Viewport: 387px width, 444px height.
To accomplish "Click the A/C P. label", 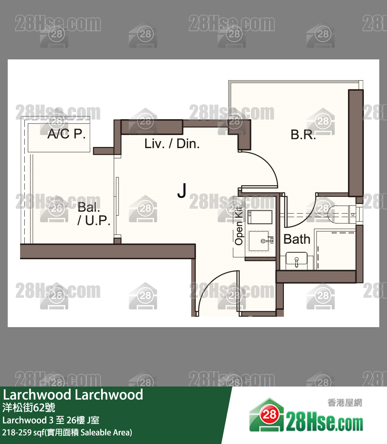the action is [x=66, y=134].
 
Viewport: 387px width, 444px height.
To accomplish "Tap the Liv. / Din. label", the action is [x=172, y=144].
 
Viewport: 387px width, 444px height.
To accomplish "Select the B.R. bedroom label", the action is [x=303, y=135].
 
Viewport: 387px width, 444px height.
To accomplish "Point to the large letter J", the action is [x=182, y=190].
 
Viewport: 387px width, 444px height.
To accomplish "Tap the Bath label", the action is [x=297, y=239].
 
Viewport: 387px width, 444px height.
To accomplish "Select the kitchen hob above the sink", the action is [x=260, y=217].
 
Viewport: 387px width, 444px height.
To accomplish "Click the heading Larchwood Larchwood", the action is [x=73, y=395].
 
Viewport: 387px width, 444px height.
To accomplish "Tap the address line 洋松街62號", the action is [x=29, y=408].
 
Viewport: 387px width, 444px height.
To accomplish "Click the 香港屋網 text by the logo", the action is [x=345, y=403].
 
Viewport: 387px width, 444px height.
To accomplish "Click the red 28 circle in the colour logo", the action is [x=269, y=415].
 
